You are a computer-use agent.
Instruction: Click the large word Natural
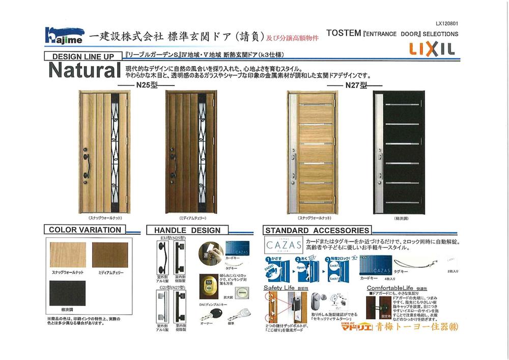tap(84, 70)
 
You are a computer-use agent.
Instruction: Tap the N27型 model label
tap(356, 85)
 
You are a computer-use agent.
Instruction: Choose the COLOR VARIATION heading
tap(85, 230)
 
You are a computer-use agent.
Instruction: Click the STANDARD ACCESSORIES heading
tap(317, 231)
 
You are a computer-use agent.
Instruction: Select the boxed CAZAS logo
tap(283, 245)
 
